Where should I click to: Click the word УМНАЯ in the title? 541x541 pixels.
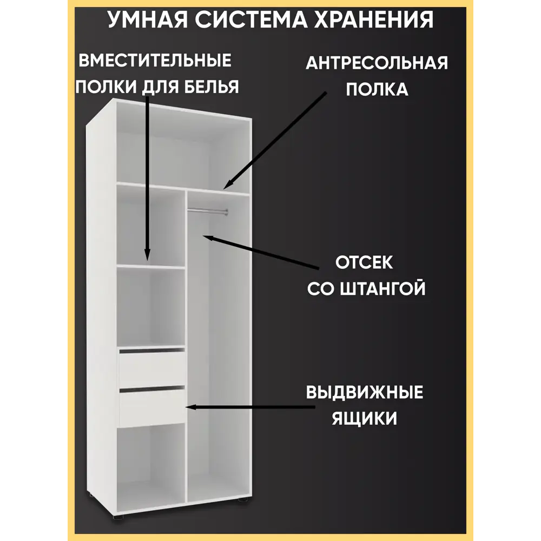[148, 19]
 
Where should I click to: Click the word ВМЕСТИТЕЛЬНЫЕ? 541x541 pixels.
[155, 61]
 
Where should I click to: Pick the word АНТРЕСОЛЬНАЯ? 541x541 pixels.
[377, 63]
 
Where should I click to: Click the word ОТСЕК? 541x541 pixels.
[364, 262]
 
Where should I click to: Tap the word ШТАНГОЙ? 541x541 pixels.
[383, 289]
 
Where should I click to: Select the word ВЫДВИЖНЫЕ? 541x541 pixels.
[364, 393]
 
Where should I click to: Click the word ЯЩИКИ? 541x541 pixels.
[364, 419]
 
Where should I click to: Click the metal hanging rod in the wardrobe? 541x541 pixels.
[207, 211]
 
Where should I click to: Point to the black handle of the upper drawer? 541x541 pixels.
[152, 351]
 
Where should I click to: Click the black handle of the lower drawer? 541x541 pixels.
[152, 389]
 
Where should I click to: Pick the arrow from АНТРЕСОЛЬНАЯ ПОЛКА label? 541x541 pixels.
[275, 141]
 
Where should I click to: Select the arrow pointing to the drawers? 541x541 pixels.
[250, 407]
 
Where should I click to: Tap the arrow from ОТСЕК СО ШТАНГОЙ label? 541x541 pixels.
[261, 252]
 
